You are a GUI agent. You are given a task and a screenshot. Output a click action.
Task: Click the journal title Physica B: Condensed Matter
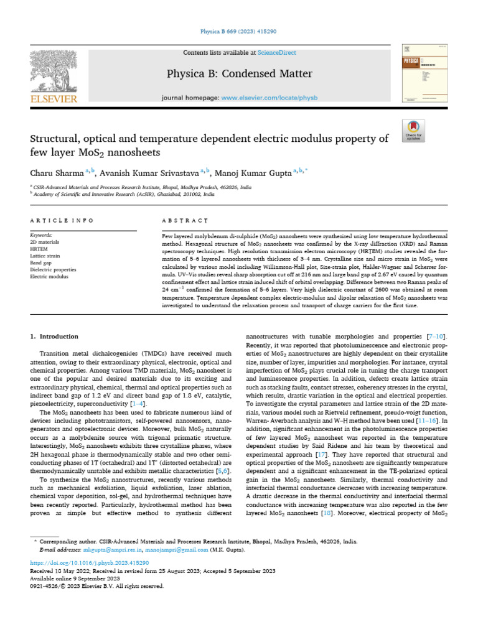point(238,75)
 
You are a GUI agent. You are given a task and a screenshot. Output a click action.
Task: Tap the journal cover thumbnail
point(419,73)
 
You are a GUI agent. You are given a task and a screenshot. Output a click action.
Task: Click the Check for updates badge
point(413,131)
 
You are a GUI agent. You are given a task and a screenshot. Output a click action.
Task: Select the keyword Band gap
point(42,263)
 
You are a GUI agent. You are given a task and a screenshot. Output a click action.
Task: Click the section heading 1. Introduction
point(55,337)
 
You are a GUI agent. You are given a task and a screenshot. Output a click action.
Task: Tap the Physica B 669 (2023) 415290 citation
point(238,31)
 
